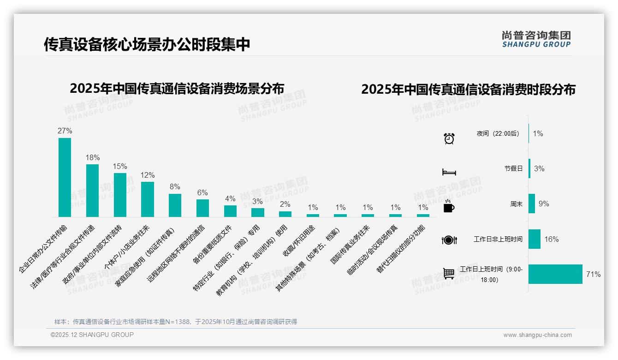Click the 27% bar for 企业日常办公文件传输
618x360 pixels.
(x=65, y=177)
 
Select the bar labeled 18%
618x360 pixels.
(x=92, y=190)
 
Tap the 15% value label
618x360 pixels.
(x=120, y=166)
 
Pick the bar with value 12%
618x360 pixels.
(x=148, y=199)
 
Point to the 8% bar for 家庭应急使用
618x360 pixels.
(x=175, y=205)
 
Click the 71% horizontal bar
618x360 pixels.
(x=555, y=274)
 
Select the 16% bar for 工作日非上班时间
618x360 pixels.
(x=534, y=239)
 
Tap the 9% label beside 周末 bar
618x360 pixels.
(x=544, y=204)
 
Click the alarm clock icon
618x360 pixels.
(x=449, y=138)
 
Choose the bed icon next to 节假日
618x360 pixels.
(x=449, y=172)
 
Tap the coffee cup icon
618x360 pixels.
(x=449, y=207)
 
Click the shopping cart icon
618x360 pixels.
(x=449, y=274)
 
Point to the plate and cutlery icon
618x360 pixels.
(x=449, y=240)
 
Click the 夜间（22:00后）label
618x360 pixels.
(x=498, y=134)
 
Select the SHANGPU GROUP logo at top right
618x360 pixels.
(x=536, y=39)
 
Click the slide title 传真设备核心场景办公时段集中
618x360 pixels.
(x=147, y=44)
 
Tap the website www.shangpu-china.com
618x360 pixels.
(x=537, y=335)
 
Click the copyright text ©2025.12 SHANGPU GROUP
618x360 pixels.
(x=92, y=335)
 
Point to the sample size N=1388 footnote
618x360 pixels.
(x=175, y=322)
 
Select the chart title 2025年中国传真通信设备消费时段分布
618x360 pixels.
(x=468, y=90)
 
